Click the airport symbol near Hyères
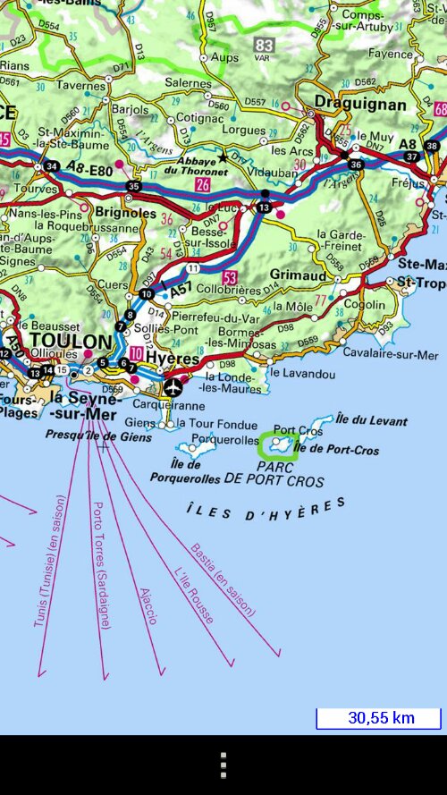173,387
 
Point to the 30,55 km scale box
379,718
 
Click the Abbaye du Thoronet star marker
223,157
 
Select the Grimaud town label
298,276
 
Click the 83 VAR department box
263,46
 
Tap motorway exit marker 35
134,186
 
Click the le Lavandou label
302,374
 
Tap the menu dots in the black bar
223,765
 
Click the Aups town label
225,57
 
